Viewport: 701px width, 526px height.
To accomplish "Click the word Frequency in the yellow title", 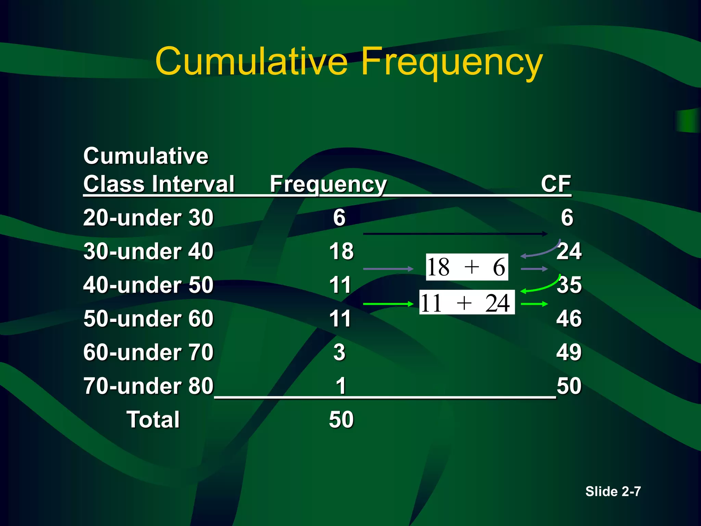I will coord(452,62).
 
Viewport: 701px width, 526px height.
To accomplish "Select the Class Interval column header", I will coord(159,184).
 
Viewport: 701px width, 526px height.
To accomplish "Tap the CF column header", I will coord(556,184).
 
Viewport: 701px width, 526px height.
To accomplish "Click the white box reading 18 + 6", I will coord(467,267).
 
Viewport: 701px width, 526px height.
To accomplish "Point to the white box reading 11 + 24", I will coord(467,303).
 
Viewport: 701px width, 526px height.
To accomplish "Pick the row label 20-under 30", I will coord(148,217).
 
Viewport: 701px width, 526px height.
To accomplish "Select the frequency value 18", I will coord(341,251).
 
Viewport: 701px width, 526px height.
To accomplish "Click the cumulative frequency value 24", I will coord(569,251).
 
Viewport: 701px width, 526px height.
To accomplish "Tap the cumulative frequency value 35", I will coord(569,285).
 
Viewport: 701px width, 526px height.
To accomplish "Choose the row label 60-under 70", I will coord(148,352).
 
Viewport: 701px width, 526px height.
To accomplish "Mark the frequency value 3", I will coord(339,352).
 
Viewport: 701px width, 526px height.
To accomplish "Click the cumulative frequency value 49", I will coord(569,352).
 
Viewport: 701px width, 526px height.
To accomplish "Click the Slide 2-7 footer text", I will coord(613,491).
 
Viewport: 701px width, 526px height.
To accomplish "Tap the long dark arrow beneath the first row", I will coord(455,234).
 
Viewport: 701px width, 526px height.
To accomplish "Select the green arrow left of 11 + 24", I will coord(388,304).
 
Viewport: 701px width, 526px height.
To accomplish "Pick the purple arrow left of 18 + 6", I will coord(388,269).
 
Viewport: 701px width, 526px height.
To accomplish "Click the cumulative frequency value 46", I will coord(569,318).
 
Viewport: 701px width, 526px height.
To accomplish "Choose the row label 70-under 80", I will coord(148,386).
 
